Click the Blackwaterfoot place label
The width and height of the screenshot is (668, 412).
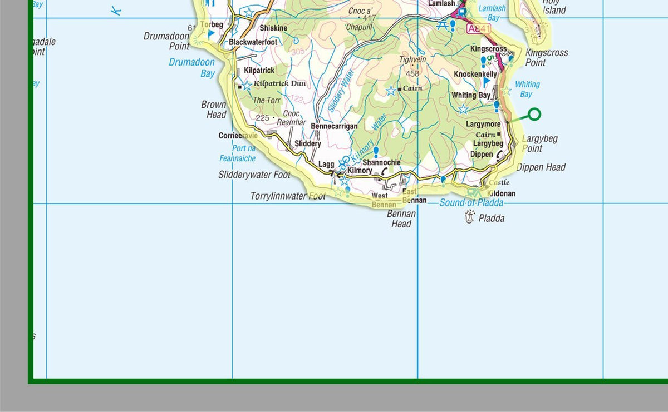pyautogui.click(x=253, y=42)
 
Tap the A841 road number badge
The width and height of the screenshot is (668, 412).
pyautogui.click(x=479, y=29)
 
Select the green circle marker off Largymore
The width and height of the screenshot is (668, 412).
pyautogui.click(x=534, y=115)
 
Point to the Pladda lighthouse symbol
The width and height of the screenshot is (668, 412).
pyautogui.click(x=470, y=217)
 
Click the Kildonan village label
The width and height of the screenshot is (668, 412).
pyautogui.click(x=501, y=193)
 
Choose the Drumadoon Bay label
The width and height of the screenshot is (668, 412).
pyautogui.click(x=191, y=68)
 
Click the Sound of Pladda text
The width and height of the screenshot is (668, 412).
pyautogui.click(x=471, y=203)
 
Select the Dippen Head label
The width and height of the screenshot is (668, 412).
pyautogui.click(x=541, y=167)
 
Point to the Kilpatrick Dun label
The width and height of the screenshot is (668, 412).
pyautogui.click(x=279, y=83)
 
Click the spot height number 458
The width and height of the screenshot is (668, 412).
pyautogui.click(x=412, y=73)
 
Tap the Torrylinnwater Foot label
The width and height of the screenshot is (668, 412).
pyautogui.click(x=288, y=196)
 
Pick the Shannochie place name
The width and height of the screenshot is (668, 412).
pyautogui.click(x=381, y=162)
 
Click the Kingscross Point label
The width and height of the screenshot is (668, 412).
pyautogui.click(x=547, y=58)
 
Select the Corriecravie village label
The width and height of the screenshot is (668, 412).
pyautogui.click(x=238, y=136)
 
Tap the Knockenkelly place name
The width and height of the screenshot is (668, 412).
pyautogui.click(x=475, y=74)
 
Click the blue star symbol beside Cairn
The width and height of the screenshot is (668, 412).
pyautogui.click(x=391, y=90)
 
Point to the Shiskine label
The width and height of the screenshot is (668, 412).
pyautogui.click(x=273, y=28)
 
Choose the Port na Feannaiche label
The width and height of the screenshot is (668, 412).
pyautogui.click(x=237, y=153)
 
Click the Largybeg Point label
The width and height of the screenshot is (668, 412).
pyautogui.click(x=539, y=143)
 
